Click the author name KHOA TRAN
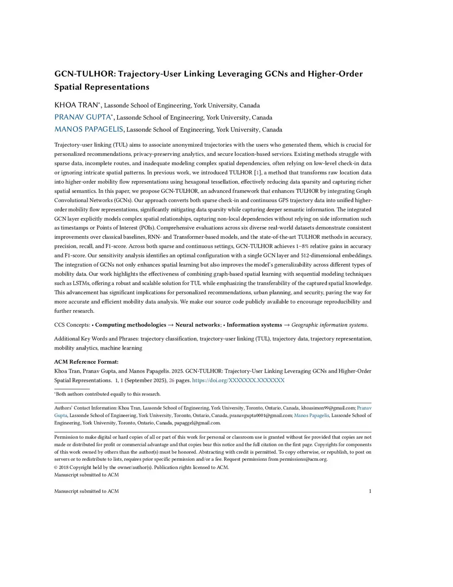coord(76,105)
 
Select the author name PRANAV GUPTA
coord(82,117)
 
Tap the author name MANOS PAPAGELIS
coord(88,129)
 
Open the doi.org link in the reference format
coord(238,381)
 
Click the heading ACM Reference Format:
coord(86,362)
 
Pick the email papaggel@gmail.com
coord(197,423)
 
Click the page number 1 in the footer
coord(370,491)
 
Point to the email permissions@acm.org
coord(303,459)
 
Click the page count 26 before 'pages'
coord(172,381)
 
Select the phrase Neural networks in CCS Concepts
coord(197,325)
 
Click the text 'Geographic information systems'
coord(329,325)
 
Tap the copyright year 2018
coord(64,467)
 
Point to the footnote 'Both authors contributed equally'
coord(108,394)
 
